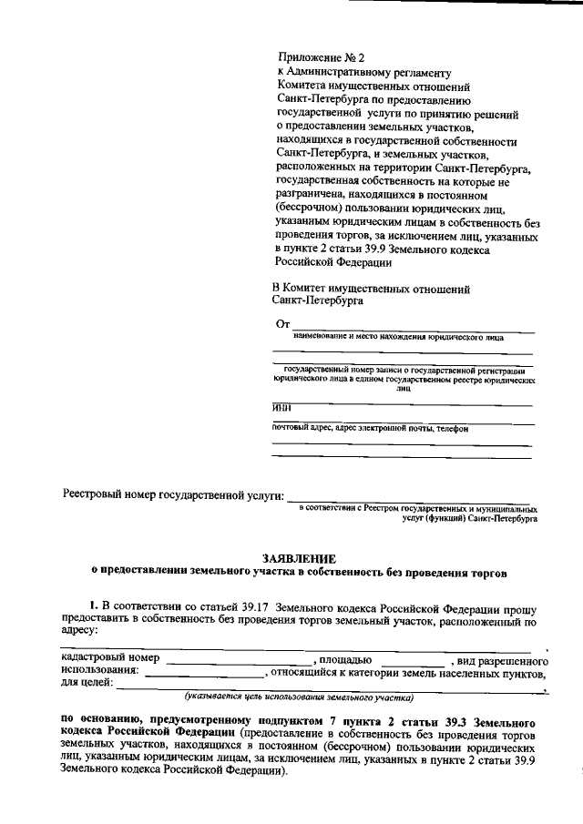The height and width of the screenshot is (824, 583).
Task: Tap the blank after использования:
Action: point(202,676)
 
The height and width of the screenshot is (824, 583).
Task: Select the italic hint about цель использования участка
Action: point(298,698)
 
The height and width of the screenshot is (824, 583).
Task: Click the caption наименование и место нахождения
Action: point(392,336)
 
